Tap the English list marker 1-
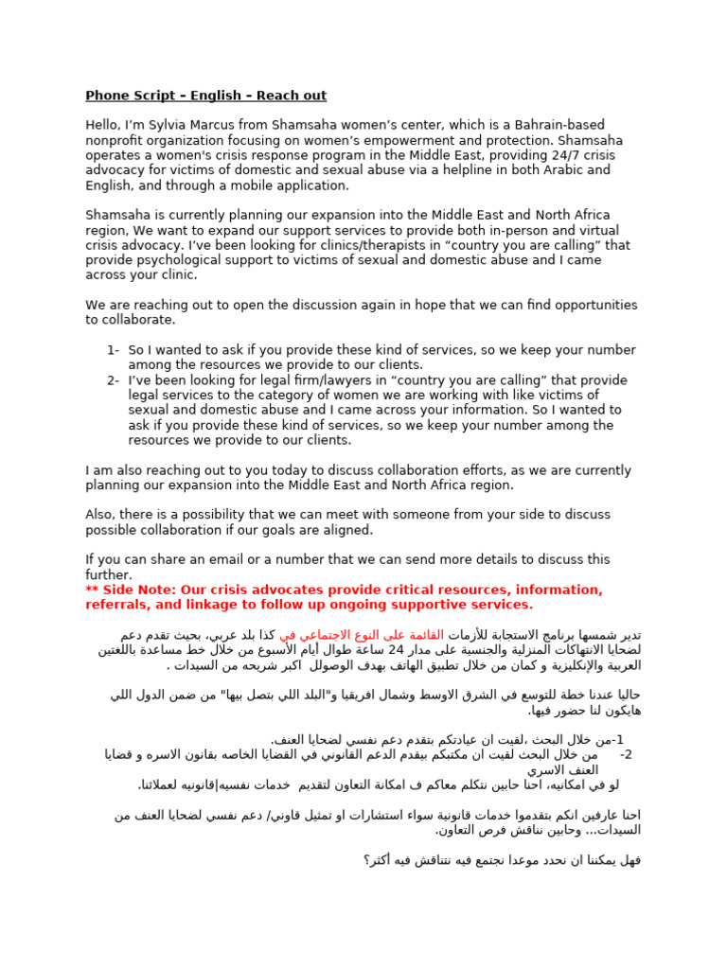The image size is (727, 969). [x=113, y=350]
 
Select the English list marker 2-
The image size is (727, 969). [x=113, y=380]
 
